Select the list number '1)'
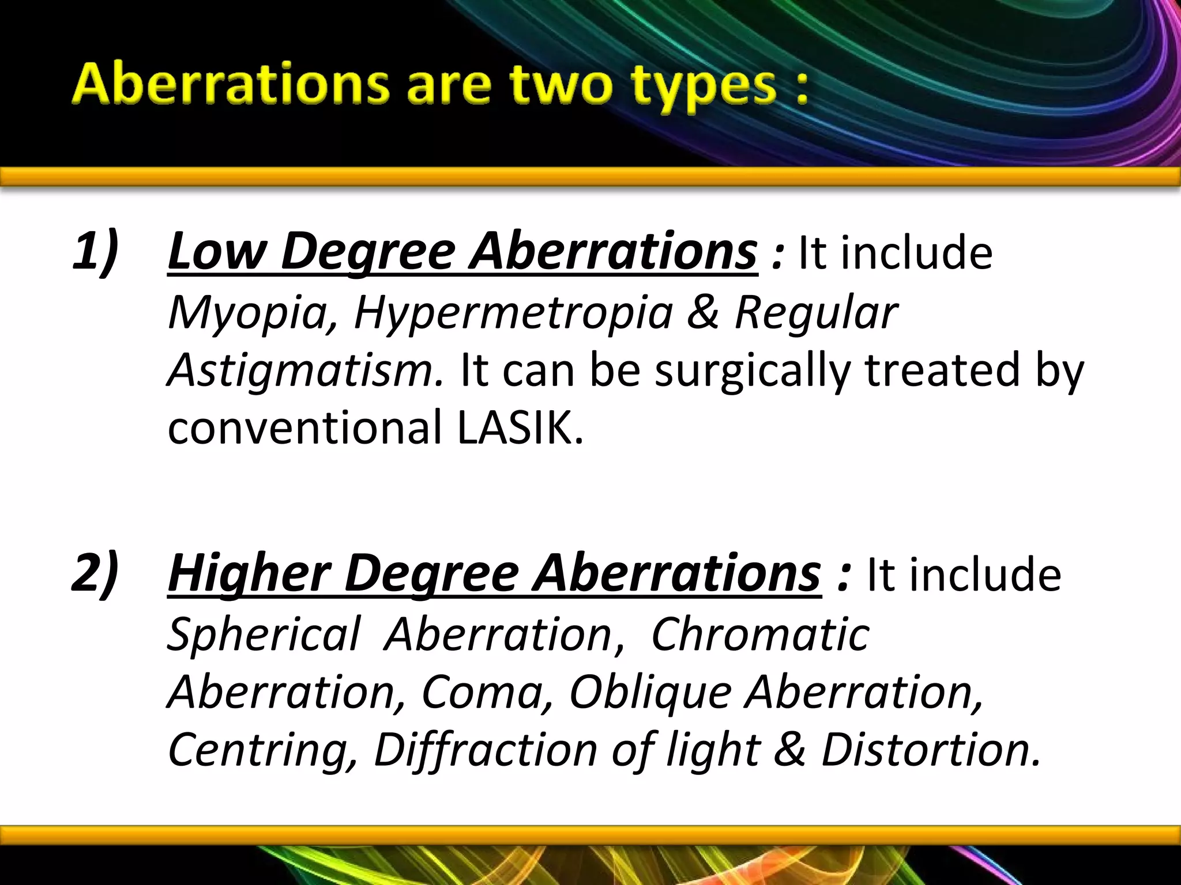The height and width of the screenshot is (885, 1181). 96,251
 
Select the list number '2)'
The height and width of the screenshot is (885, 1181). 96,573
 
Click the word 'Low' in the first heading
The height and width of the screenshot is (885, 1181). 217,251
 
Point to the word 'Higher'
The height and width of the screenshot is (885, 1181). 249,574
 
